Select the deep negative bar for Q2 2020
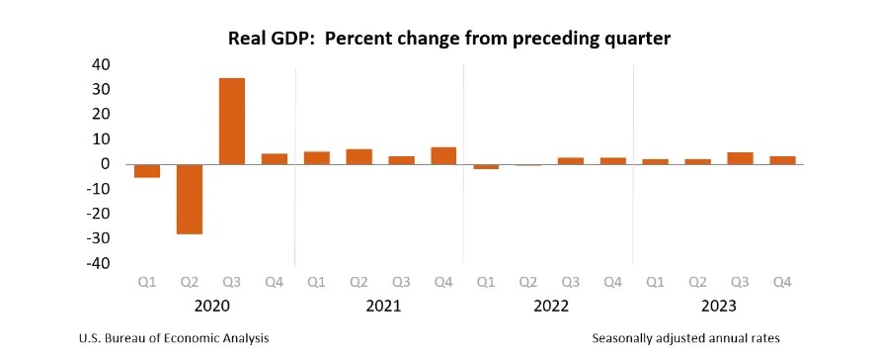(190, 199)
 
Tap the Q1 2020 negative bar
(147, 171)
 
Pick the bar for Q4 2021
(443, 155)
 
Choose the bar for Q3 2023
(741, 158)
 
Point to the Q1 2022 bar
(486, 166)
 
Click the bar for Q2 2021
(358, 156)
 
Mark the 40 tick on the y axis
(101, 64)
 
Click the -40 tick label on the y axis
(98, 263)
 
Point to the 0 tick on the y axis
(106, 164)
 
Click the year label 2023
(718, 307)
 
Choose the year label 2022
(549, 307)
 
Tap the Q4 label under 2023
(782, 283)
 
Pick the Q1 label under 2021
(316, 283)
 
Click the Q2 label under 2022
(528, 283)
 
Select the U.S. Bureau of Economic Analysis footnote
(174, 338)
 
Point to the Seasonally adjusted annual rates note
(686, 338)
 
